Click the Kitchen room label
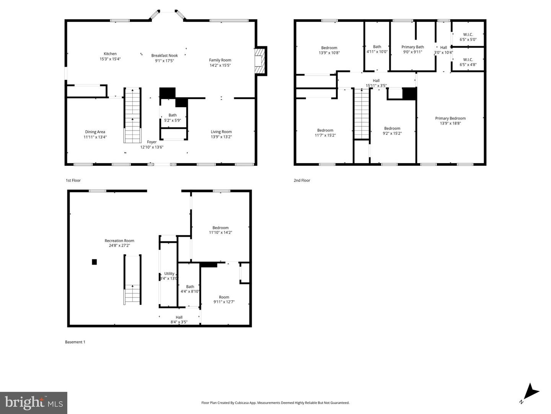coord(110,54)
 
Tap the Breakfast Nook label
coord(165,56)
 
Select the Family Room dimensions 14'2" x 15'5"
coord(220,65)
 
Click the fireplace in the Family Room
coord(261,61)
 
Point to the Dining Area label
coord(95,132)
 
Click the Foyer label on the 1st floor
coord(152,142)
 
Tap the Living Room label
coord(221,132)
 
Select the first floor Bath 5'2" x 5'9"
coord(173,118)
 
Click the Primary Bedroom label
coord(450,118)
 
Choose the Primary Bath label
coord(412,47)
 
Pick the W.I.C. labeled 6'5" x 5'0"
coord(468,37)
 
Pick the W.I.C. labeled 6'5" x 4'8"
coord(468,62)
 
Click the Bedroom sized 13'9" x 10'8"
coord(329,50)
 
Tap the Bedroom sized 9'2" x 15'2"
coord(392,131)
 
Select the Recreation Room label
coord(119,241)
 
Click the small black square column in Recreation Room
coord(94,262)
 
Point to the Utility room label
coord(169,274)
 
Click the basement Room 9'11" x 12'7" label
coord(224,297)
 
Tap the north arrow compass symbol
coord(530,393)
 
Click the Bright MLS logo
coord(34,403)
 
